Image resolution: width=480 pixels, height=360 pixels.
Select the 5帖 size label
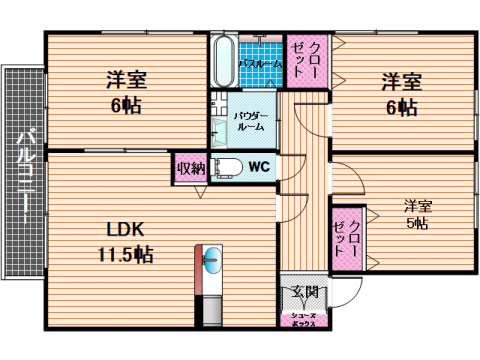point(417,225)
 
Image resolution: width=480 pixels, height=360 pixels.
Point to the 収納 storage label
point(190,167)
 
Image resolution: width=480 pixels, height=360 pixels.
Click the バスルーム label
point(260,63)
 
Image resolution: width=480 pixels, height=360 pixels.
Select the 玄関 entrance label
point(305,292)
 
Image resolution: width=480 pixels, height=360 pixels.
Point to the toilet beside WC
point(223,167)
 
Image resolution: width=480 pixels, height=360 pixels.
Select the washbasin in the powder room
point(219,131)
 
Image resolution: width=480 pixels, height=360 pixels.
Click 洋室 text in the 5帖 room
point(417,205)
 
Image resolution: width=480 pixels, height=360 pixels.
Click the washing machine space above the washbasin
point(220,103)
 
